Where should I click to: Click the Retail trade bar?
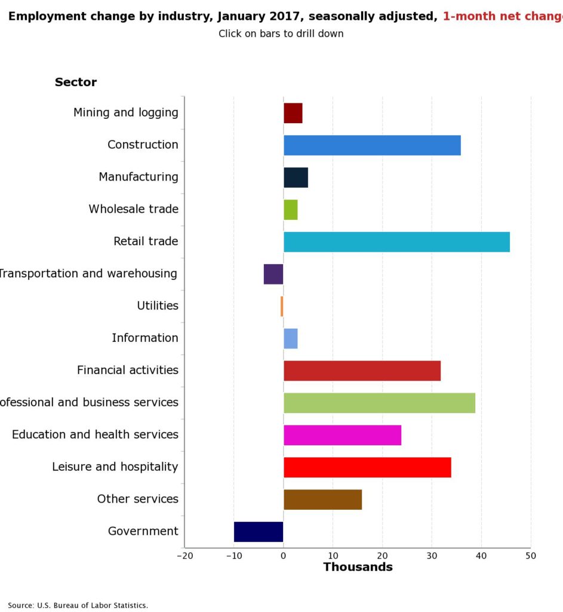[396, 241]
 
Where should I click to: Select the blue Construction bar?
[372, 145]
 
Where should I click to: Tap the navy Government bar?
[259, 531]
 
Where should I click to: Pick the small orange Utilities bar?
[282, 306]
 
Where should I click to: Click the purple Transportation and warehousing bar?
[273, 274]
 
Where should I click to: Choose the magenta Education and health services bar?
[342, 435]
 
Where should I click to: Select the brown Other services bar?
[322, 499]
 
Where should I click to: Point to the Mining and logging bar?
[293, 113]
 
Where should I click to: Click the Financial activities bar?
[362, 371]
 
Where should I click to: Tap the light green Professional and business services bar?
[379, 403]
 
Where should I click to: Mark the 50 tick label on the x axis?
[531, 555]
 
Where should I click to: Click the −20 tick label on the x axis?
[184, 555]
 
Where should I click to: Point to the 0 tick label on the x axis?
[284, 555]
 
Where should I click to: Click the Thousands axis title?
[358, 567]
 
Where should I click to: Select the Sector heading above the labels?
[76, 82]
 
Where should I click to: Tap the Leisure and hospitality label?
[115, 467]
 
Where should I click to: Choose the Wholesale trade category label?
[134, 209]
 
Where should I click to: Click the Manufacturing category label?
[139, 177]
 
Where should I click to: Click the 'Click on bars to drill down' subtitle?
[281, 33]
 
